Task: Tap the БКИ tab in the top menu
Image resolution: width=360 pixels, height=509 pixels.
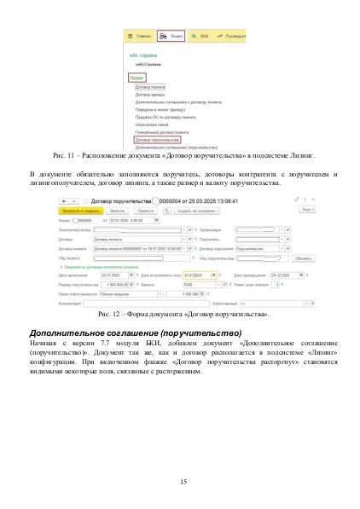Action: pos(202,38)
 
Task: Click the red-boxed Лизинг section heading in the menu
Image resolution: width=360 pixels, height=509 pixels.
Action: pos(137,77)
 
